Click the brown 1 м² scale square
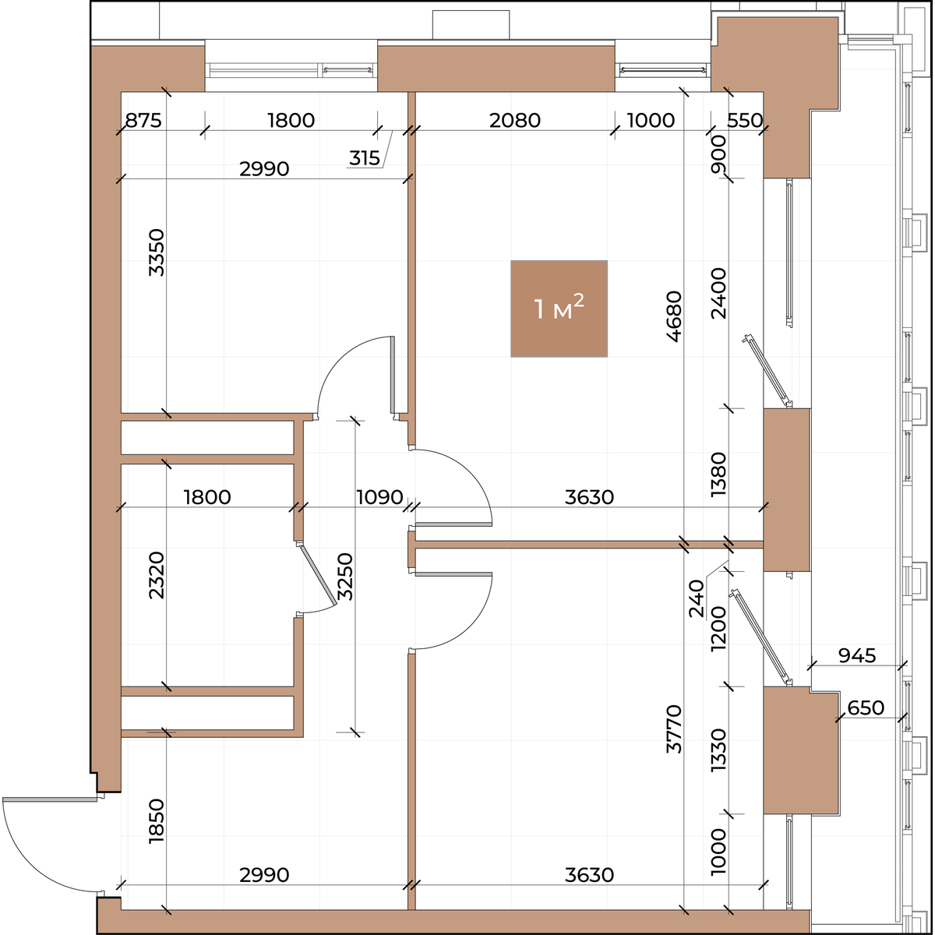pos(559,309)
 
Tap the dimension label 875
pos(143,120)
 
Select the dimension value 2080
pos(515,120)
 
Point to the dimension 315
pos(365,158)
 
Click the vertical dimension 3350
pos(157,252)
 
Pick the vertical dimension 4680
pos(675,316)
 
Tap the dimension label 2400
pos(718,293)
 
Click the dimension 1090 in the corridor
pos(379,497)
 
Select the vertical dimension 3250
pos(345,576)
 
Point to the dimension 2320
pos(157,575)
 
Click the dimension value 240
pos(697,598)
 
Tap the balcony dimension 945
pos(857,655)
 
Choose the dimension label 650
pos(866,708)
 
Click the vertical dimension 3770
pos(675,729)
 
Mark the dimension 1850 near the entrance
pos(157,821)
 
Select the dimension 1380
pos(718,475)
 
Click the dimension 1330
pos(718,750)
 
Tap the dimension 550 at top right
pos(745,120)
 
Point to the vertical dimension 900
pos(718,154)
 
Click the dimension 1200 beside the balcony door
pos(718,629)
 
